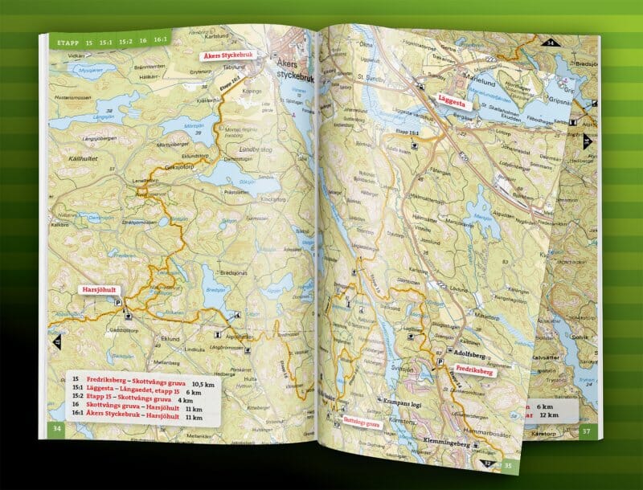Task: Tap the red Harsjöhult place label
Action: tap(100, 289)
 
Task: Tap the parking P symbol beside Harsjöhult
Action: tap(120, 304)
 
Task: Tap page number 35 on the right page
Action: tap(508, 465)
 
